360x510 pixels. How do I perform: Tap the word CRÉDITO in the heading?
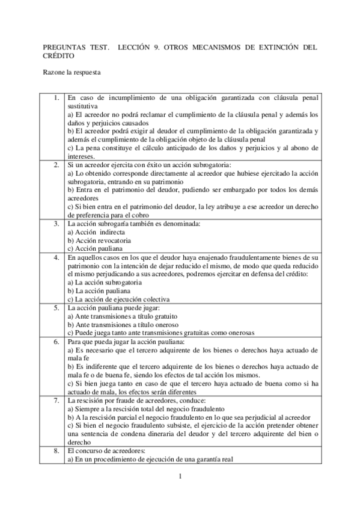pyautogui.click(x=59, y=55)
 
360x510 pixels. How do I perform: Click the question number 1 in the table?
pyautogui.click(x=55, y=97)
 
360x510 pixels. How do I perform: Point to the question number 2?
pyautogui.click(x=55, y=164)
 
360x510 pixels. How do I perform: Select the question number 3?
pyautogui.click(x=55, y=224)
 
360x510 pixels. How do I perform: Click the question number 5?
pyautogui.click(x=55, y=307)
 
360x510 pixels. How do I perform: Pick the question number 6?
pyautogui.click(x=55, y=341)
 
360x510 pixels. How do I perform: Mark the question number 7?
pyautogui.click(x=55, y=399)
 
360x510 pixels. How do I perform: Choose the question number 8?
pyautogui.click(x=55, y=450)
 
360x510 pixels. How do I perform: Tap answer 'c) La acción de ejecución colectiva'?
pyautogui.click(x=118, y=299)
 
